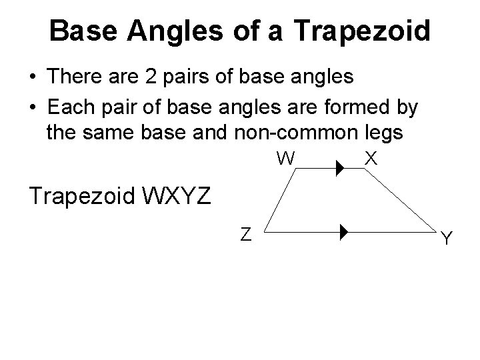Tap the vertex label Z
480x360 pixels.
click(x=245, y=234)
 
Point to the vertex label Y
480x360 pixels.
click(x=447, y=238)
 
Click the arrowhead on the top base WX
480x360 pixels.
click(x=339, y=170)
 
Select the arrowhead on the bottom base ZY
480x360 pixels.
click(x=343, y=233)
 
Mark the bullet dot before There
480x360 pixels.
click(x=32, y=78)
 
